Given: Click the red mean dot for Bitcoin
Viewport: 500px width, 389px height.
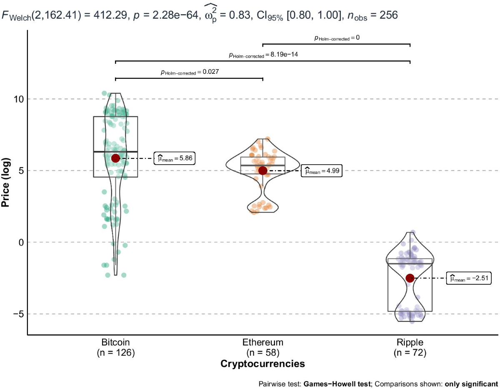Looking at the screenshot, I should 115,158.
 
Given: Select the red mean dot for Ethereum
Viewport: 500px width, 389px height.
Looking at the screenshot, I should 263,171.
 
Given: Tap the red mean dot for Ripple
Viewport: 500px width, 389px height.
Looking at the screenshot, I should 410,278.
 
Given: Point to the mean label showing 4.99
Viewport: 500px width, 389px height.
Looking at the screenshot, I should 321,171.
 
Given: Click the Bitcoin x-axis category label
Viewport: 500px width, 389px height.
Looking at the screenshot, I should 115,343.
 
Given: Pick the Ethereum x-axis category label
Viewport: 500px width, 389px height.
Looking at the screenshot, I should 263,343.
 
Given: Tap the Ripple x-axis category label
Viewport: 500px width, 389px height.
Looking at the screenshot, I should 410,343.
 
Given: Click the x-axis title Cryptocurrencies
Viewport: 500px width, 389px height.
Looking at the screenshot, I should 262,364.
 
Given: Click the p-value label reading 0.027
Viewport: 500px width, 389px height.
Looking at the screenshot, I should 190,72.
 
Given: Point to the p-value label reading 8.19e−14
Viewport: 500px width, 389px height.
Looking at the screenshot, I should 262,55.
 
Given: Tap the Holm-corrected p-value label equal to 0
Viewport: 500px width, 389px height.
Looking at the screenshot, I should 337,38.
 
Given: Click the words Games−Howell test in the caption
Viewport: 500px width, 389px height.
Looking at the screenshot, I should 337,384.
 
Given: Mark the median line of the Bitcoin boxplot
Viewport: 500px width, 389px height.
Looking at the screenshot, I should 115,152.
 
